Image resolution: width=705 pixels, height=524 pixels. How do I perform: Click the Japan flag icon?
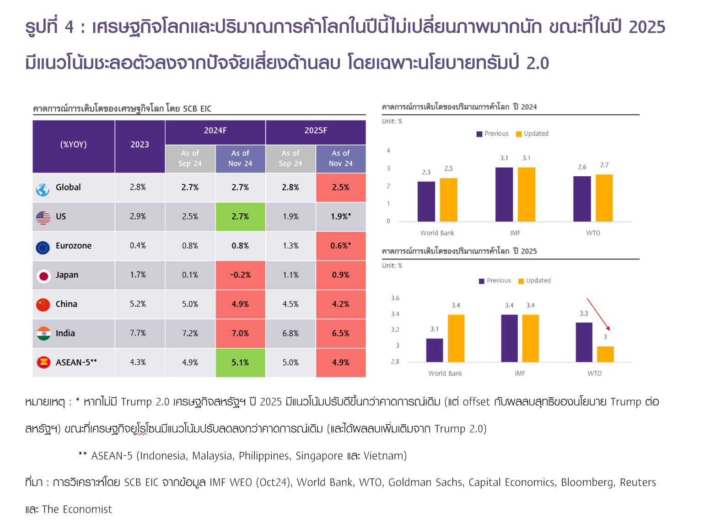[x=43, y=276]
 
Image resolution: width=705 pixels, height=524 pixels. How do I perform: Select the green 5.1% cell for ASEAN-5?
[x=240, y=362]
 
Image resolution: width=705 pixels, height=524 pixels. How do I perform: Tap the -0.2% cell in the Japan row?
[x=240, y=275]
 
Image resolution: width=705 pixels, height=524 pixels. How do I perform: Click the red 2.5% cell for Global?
[x=341, y=187]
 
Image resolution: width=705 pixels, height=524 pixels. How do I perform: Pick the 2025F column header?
[x=316, y=131]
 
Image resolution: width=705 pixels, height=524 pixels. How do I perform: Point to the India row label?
[x=65, y=333]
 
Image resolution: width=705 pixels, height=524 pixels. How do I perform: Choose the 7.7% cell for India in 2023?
[x=138, y=333]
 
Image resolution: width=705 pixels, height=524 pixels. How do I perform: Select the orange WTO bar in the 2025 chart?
[x=605, y=354]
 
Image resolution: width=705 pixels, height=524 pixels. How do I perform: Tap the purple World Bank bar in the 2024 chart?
[x=426, y=201]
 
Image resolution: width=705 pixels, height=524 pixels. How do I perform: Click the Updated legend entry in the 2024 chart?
[x=532, y=134]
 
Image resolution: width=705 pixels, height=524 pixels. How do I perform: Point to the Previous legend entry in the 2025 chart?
[x=495, y=281]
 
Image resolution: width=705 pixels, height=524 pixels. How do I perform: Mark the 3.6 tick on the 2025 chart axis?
[x=395, y=298]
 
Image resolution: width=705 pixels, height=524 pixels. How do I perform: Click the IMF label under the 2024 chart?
[x=515, y=233]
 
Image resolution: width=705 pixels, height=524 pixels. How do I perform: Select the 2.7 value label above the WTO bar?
[x=604, y=165]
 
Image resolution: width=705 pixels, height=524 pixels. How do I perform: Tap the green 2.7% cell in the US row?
[x=240, y=216]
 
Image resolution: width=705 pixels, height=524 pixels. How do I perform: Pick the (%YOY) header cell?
[x=73, y=145]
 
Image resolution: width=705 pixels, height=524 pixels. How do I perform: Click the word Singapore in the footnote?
[x=319, y=456]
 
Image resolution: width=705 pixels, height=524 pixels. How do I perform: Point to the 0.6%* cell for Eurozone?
[x=341, y=246]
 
